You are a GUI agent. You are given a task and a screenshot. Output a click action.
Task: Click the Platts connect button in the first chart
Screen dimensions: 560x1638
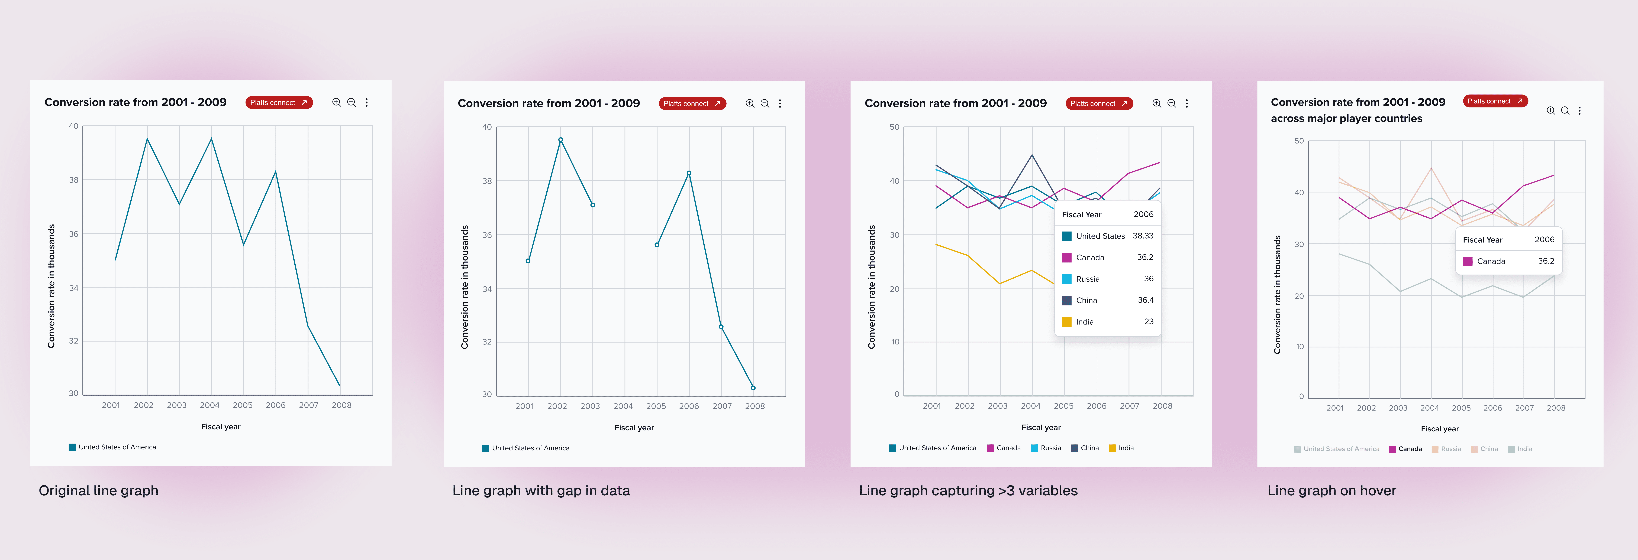pos(279,102)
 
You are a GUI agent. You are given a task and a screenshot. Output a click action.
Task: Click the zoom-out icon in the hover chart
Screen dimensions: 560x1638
pos(1565,111)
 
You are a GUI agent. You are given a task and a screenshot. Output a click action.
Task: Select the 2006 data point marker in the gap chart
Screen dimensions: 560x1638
pos(689,173)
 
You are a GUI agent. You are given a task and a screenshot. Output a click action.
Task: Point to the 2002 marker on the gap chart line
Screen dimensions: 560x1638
pos(560,140)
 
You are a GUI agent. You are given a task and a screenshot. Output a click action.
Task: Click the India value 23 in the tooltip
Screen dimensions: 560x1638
pos(1148,322)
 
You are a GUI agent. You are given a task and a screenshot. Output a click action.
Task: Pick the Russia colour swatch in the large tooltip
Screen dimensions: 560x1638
pos(1066,279)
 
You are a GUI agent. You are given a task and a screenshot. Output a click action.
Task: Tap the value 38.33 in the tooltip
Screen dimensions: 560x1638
pos(1143,236)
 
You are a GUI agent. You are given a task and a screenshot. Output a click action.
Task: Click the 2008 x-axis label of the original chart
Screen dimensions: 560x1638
pos(341,405)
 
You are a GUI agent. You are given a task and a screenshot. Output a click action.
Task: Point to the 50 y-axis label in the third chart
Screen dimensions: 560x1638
pos(894,127)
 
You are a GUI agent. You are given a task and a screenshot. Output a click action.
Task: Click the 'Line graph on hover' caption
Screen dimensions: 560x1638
pos(1331,491)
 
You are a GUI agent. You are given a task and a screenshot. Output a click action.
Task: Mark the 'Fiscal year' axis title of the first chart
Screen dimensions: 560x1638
pos(221,426)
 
